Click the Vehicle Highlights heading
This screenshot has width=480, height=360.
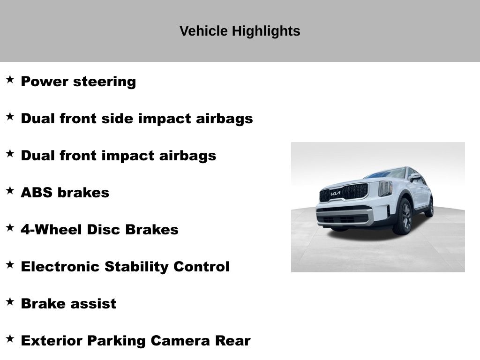[240, 31]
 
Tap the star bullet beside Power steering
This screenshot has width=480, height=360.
[10, 80]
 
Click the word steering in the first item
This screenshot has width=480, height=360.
[105, 82]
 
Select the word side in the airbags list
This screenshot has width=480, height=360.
[117, 119]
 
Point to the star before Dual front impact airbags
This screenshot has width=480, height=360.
[10, 154]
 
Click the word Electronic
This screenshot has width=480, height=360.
[60, 267]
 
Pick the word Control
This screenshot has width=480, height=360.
[202, 267]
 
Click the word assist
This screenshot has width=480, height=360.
[93, 304]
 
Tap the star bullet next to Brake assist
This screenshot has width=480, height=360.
[10, 302]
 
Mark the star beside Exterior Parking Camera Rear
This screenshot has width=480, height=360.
[10, 339]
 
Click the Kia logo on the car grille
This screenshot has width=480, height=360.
[336, 194]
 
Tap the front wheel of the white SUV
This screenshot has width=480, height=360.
[403, 217]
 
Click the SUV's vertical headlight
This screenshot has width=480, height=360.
[385, 188]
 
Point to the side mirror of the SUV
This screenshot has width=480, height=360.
[415, 177]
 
